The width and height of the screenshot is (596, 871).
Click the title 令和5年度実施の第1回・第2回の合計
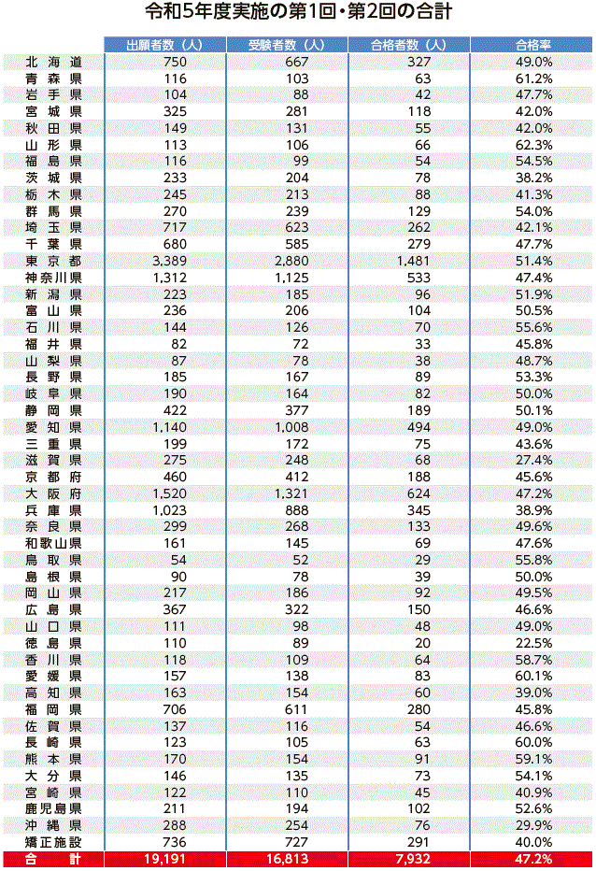click(x=298, y=13)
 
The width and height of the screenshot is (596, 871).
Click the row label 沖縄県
click(x=54, y=825)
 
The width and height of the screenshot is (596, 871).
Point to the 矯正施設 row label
click(x=54, y=842)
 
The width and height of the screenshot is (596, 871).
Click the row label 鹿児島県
click(x=54, y=808)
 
